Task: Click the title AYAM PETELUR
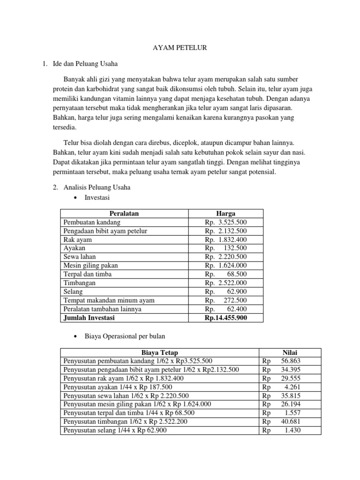[x=180, y=47]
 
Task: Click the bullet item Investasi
[x=97, y=198]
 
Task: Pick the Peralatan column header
[x=124, y=213]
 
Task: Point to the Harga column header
[x=225, y=213]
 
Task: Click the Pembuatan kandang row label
[x=92, y=222]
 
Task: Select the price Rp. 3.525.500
[x=225, y=222]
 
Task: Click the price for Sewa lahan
[x=225, y=257]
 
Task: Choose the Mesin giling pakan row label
[x=90, y=265]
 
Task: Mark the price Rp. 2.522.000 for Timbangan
[x=225, y=283]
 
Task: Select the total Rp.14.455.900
[x=225, y=318]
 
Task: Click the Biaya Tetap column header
[x=159, y=352]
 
